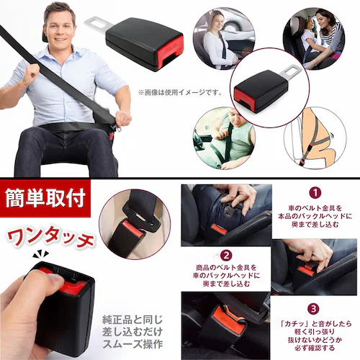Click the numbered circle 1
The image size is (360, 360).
coord(315,192)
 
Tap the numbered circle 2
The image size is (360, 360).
coord(225,255)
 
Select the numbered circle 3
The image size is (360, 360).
coord(314,308)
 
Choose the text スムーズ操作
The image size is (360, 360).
coord(135,343)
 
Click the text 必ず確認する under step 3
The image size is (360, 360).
coord(315,351)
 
